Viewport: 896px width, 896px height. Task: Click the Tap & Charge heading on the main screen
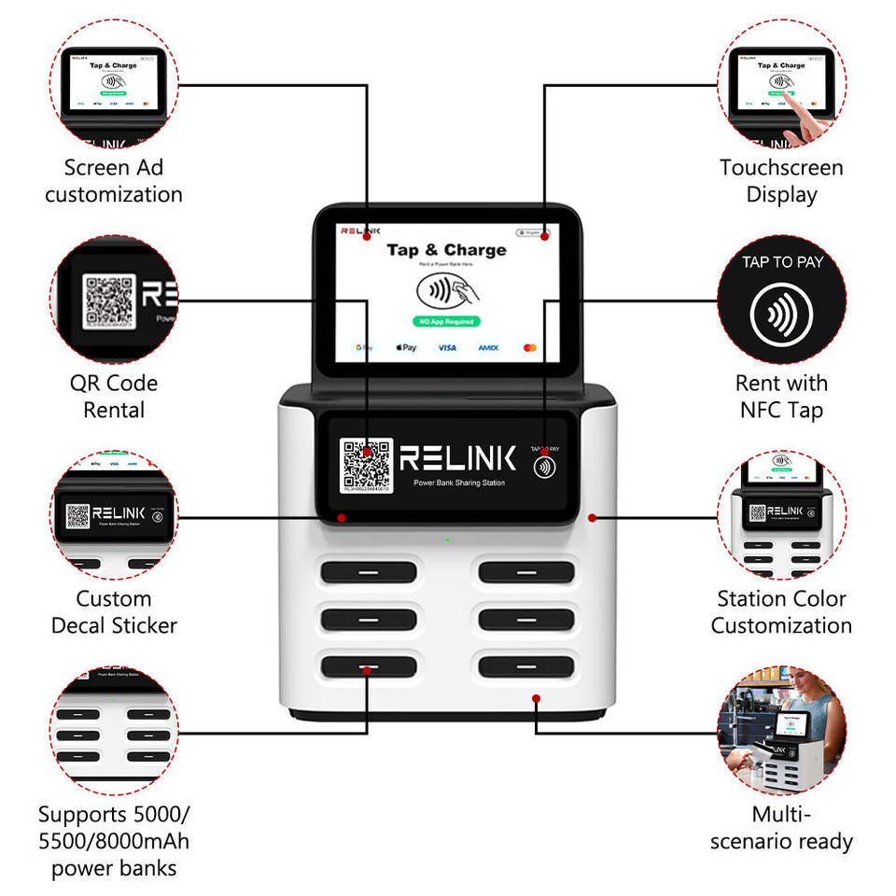tap(446, 250)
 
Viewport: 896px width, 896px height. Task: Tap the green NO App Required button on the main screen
tap(446, 321)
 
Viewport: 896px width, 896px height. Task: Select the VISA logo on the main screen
tap(447, 348)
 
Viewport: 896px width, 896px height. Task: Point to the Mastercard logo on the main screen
tap(530, 348)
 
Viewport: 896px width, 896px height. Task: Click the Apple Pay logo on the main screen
tap(406, 348)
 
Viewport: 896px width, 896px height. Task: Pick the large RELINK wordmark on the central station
tap(457, 457)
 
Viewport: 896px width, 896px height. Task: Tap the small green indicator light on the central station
tap(447, 540)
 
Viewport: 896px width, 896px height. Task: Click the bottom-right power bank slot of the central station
tap(526, 666)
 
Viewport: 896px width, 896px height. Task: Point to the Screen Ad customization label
tap(114, 181)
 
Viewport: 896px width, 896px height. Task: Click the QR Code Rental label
tap(114, 397)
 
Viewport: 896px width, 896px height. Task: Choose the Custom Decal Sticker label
tap(114, 612)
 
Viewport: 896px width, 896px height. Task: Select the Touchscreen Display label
tap(781, 181)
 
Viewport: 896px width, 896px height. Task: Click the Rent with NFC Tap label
tap(781, 397)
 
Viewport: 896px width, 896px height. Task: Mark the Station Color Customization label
tap(781, 612)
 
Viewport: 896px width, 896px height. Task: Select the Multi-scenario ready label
tap(781, 828)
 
